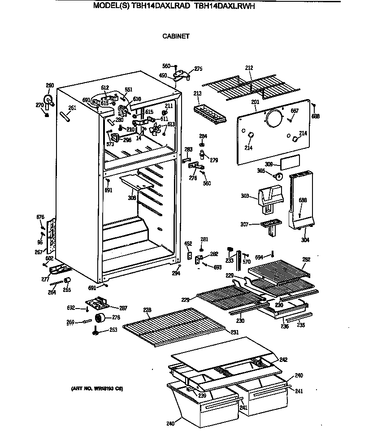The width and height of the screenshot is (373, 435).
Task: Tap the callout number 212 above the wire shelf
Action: pyautogui.click(x=249, y=68)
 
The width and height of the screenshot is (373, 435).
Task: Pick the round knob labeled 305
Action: pyautogui.click(x=279, y=176)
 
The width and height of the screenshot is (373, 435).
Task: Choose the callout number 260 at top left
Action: pyautogui.click(x=50, y=86)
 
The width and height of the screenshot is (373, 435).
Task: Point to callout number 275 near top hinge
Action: pyautogui.click(x=198, y=69)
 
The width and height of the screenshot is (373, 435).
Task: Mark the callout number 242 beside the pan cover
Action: pyautogui.click(x=283, y=360)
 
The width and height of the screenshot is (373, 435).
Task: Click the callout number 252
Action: pyautogui.click(x=306, y=259)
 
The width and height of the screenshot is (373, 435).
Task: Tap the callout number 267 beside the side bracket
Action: pyautogui.click(x=39, y=252)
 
